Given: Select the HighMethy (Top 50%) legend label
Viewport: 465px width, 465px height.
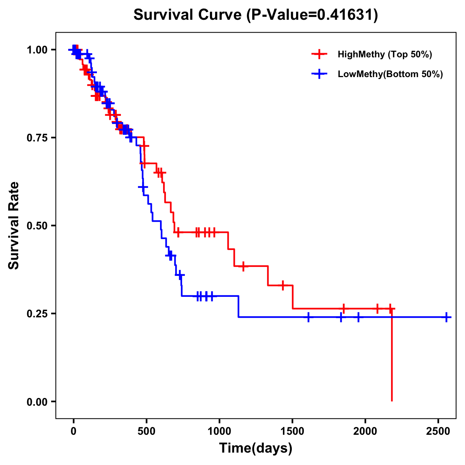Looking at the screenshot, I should [x=384, y=54].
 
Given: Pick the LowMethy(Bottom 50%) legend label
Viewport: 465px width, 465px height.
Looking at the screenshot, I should [x=390, y=74].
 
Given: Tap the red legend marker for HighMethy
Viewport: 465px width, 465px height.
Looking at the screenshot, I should [x=319, y=54].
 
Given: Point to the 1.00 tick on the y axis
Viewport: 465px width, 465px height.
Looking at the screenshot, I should [x=37, y=50].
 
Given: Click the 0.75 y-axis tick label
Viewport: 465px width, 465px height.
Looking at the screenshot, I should [x=37, y=138].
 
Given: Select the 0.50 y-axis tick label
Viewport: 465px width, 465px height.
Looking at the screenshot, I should [x=37, y=226].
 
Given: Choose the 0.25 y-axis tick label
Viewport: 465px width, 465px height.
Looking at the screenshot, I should [x=37, y=313].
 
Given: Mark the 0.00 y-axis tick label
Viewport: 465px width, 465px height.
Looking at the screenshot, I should [x=37, y=401].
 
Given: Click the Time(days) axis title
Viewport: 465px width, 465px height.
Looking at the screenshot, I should [x=256, y=448].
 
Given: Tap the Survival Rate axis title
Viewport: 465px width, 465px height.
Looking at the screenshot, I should [x=14, y=225].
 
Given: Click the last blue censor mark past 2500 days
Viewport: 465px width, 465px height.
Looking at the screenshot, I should [x=446, y=317].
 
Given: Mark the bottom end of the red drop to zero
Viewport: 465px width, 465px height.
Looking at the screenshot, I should [x=392, y=400].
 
